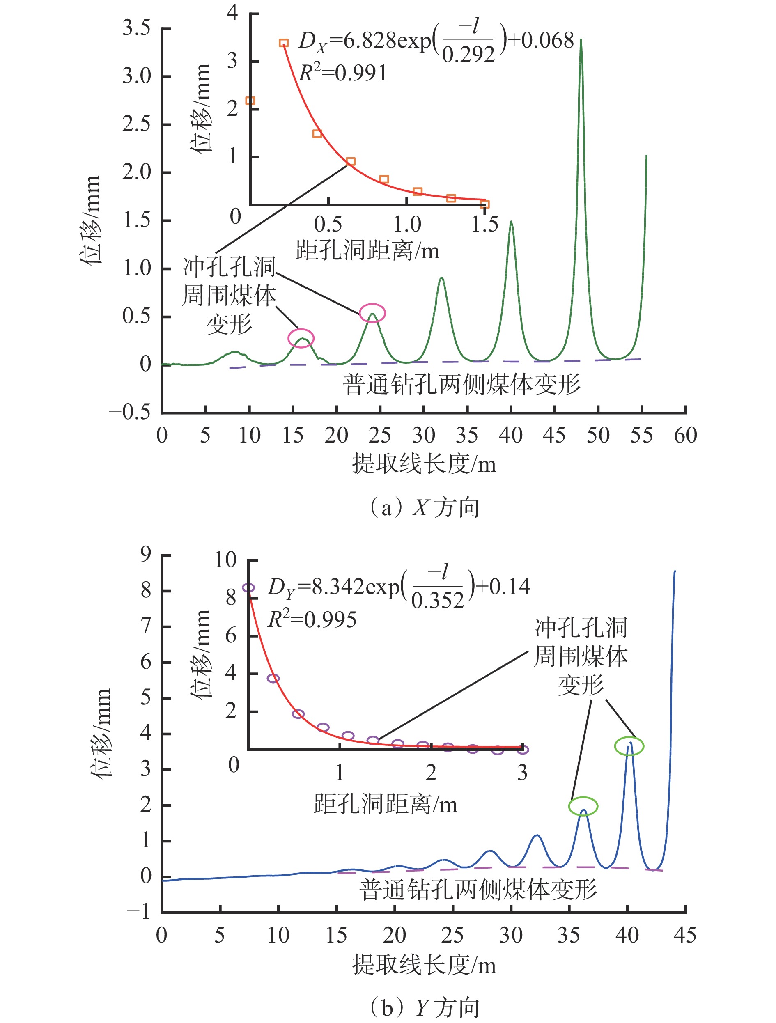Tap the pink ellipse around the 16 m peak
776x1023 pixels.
click(x=301, y=338)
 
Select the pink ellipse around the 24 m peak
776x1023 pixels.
click(x=372, y=313)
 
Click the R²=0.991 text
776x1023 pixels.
click(x=343, y=73)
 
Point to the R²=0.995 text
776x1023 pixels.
click(x=312, y=619)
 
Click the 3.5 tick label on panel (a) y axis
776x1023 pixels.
click(x=136, y=29)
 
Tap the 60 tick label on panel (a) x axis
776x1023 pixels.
click(x=685, y=436)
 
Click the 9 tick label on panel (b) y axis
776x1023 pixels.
click(x=146, y=554)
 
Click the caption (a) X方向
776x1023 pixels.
click(x=424, y=507)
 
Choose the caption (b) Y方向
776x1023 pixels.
click(x=424, y=1008)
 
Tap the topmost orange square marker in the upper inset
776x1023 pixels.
click(x=283, y=43)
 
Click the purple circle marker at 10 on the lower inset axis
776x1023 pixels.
click(x=249, y=588)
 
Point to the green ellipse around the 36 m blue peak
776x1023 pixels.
click(x=583, y=806)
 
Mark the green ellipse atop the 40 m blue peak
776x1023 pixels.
click(x=629, y=745)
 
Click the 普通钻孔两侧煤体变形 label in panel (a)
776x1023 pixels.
click(x=461, y=384)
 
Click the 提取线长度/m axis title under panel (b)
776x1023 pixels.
click(x=424, y=965)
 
